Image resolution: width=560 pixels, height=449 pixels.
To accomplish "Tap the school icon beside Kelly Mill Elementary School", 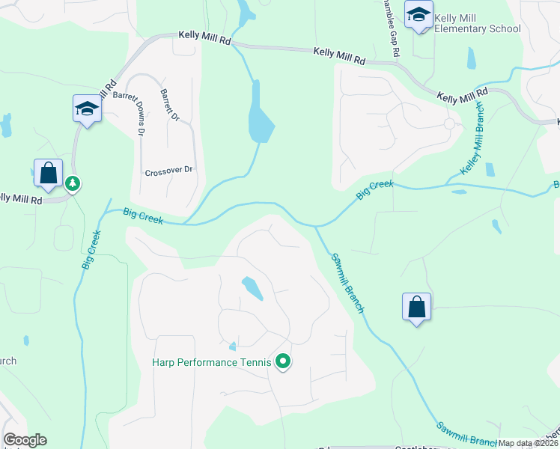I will pyautogui.click(x=419, y=15).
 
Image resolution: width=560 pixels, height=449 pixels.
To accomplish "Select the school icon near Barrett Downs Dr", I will pyautogui.click(x=87, y=110).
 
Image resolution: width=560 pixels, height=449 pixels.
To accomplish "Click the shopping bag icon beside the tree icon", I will pyautogui.click(x=48, y=173).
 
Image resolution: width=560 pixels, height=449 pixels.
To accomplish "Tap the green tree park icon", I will pyautogui.click(x=73, y=183).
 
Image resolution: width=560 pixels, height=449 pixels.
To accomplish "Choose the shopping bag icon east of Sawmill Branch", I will pyautogui.click(x=416, y=307).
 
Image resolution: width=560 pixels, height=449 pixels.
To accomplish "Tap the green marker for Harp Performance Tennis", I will pyautogui.click(x=283, y=362).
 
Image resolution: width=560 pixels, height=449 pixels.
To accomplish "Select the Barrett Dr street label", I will pyautogui.click(x=170, y=106).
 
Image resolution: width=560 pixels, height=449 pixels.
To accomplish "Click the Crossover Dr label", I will pyautogui.click(x=168, y=170).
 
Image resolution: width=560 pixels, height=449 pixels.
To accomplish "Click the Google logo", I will pyautogui.click(x=25, y=440).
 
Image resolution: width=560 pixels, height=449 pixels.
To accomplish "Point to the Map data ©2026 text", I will pyautogui.click(x=529, y=443).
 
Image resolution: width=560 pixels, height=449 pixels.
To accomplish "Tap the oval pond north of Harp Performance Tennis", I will pyautogui.click(x=252, y=288).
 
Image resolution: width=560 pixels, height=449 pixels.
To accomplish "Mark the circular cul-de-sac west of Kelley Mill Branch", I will pyautogui.click(x=449, y=124).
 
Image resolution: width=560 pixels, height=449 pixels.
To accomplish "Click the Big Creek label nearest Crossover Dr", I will pyautogui.click(x=143, y=218).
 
